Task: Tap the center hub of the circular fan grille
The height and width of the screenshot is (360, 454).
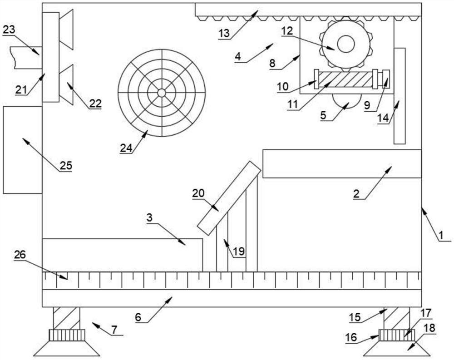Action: pos(162,93)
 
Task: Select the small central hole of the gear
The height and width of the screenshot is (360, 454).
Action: pos(345,44)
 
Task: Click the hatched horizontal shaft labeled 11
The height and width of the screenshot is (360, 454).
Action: pos(345,79)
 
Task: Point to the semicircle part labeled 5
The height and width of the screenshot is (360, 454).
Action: pos(346,101)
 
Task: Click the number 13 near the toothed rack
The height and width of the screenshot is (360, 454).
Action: pos(224,34)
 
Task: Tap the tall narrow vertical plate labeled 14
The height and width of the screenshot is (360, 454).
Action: pos(399,96)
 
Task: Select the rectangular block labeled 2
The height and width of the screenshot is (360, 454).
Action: pos(342,163)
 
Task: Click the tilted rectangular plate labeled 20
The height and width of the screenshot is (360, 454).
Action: pos(229,198)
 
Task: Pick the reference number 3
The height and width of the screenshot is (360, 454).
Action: pos(149,218)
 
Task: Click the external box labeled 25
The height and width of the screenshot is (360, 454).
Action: pos(23,150)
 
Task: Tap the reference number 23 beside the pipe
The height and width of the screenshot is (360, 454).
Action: pos(9,30)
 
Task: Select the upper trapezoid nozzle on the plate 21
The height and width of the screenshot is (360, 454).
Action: pos(66,30)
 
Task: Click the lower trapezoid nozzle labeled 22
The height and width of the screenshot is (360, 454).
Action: pos(66,84)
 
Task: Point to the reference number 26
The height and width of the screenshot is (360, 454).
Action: pos(20,255)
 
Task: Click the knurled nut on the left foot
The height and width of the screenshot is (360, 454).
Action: pos(67,335)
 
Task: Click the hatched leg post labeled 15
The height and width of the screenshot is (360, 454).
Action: pos(397,318)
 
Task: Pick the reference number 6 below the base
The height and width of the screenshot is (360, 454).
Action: pos(138,317)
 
